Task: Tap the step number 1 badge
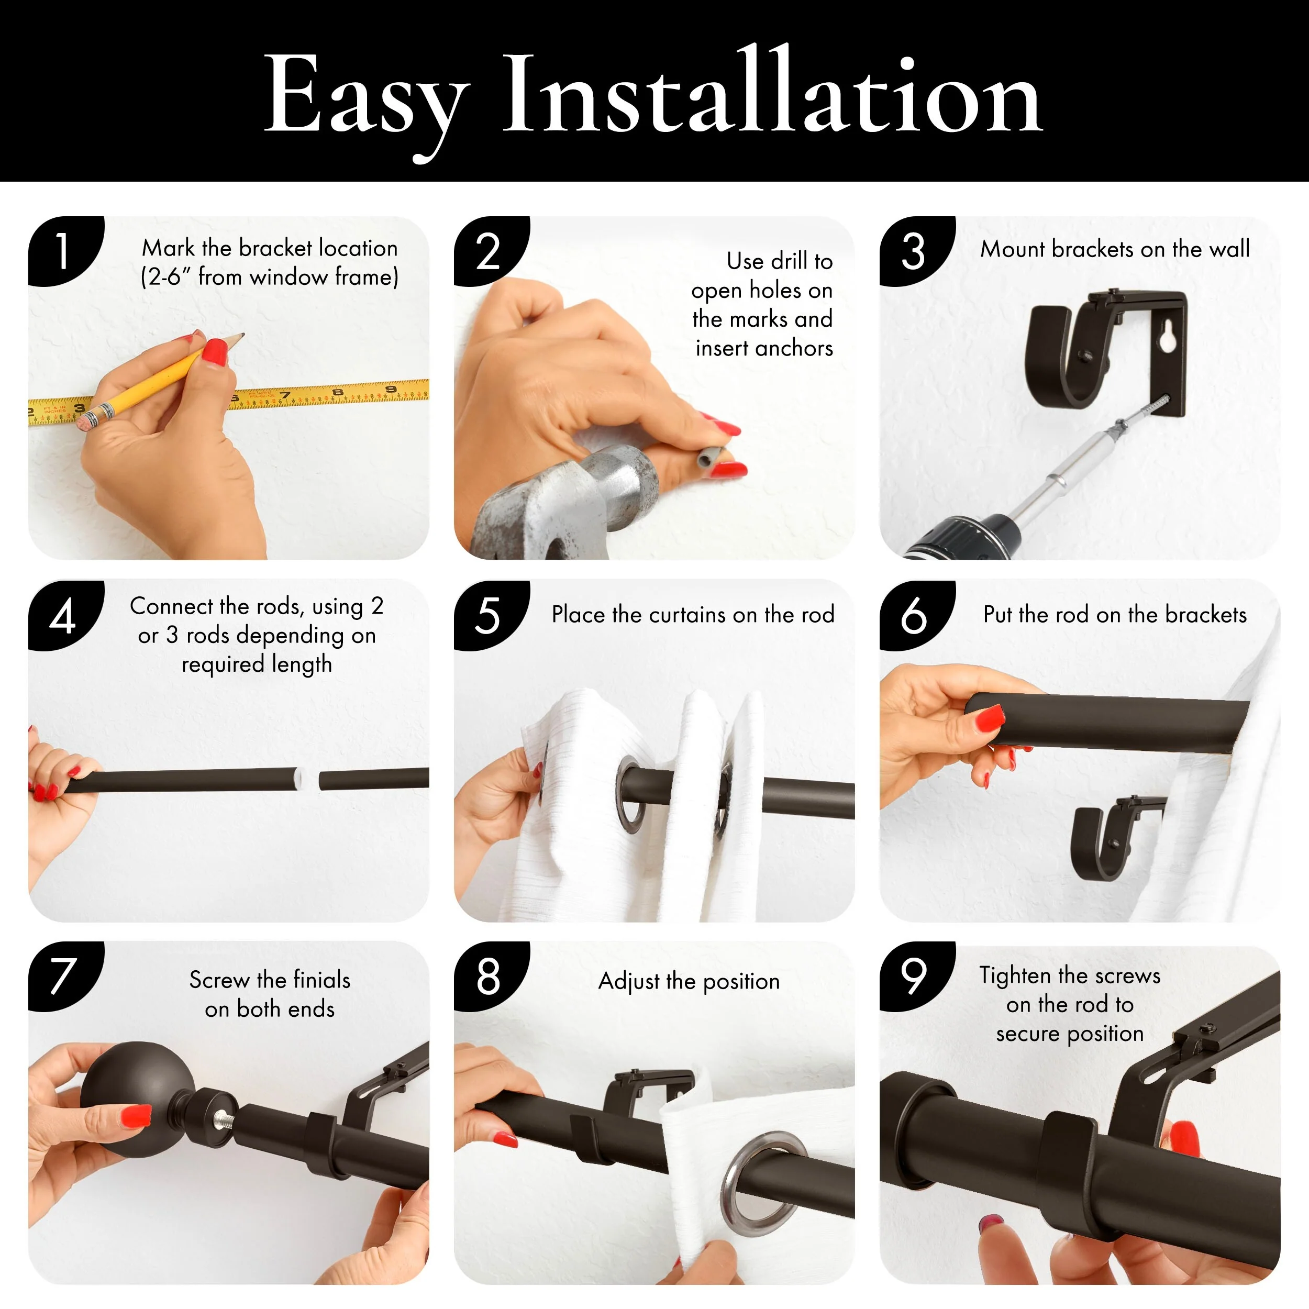(x=65, y=251)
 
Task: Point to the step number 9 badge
(x=916, y=977)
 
